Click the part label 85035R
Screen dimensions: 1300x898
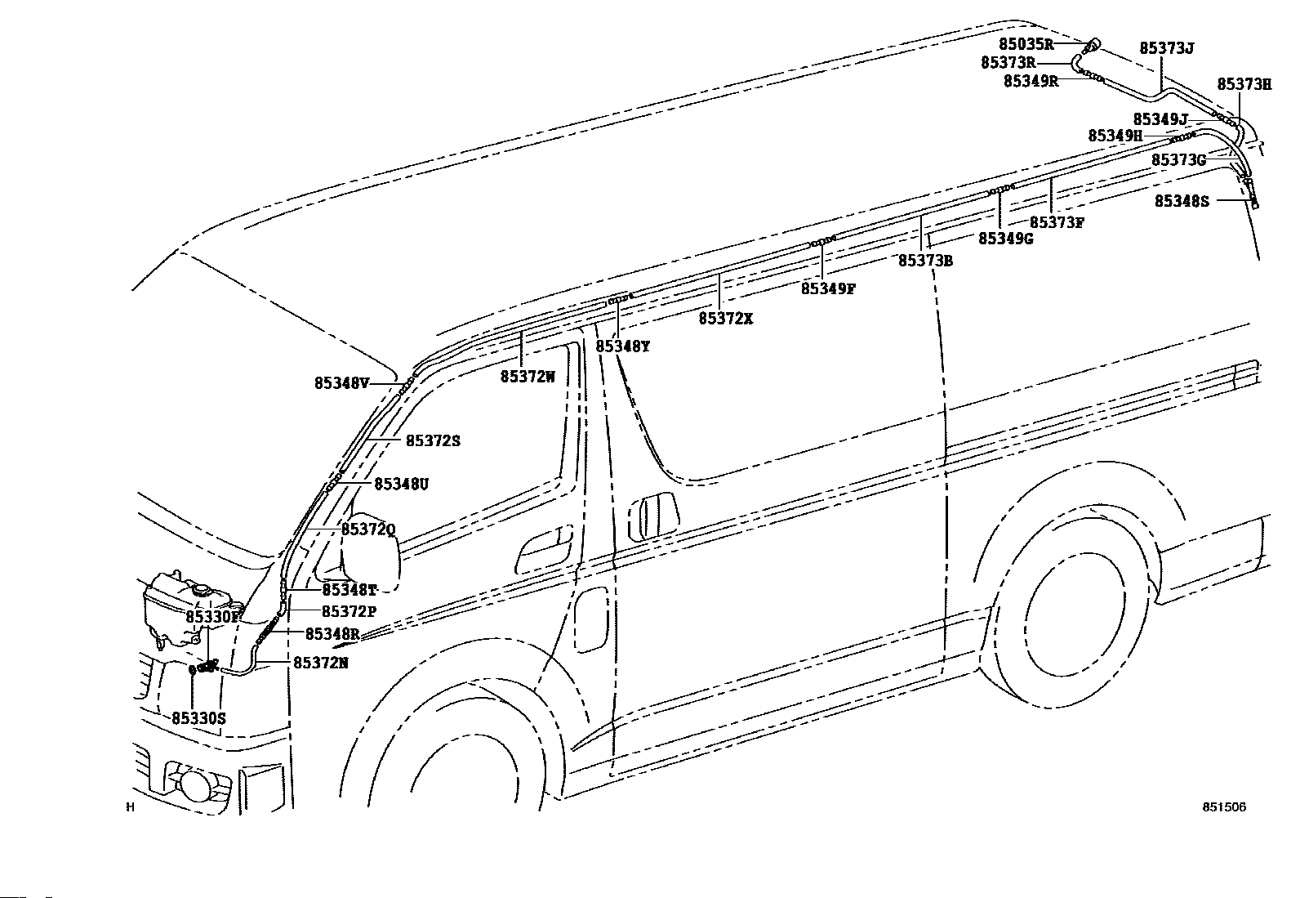tap(1026, 44)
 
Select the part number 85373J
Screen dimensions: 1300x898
tap(1167, 48)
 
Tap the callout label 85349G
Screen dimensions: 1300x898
tap(1006, 239)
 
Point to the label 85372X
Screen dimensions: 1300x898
tap(725, 319)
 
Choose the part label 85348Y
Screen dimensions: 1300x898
tap(623, 346)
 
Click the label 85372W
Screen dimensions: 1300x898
tap(528, 377)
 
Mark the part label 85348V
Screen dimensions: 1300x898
tap(342, 384)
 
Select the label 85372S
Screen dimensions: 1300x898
tap(433, 441)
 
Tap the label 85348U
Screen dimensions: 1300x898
tap(401, 485)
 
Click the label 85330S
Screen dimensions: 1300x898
tap(198, 719)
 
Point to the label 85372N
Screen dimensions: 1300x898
tap(320, 663)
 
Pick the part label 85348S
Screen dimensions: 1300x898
tap(1182, 201)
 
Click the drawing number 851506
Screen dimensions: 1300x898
tap(1224, 806)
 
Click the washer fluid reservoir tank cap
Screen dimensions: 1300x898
tap(202, 590)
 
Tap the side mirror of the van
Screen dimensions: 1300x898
tap(371, 552)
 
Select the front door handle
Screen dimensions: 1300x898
tap(544, 548)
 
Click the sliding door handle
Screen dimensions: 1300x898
tap(654, 516)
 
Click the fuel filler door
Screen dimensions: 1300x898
tap(591, 619)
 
